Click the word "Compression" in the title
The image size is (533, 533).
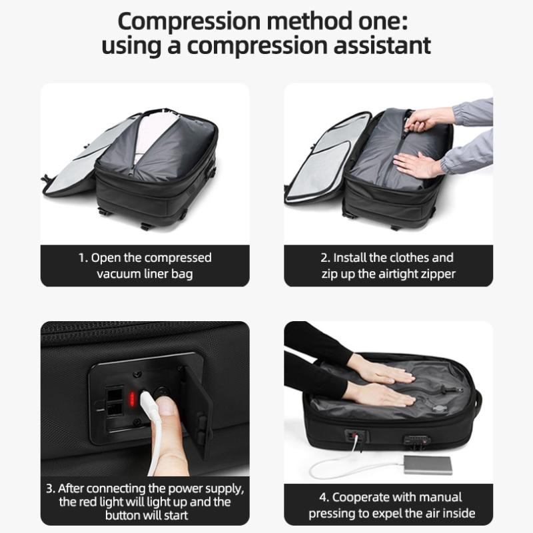click(189, 22)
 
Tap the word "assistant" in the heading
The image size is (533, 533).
click(382, 46)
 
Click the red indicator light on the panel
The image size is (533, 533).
click(132, 398)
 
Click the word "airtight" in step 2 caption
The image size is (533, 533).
click(399, 274)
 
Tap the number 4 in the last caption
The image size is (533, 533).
click(323, 497)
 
